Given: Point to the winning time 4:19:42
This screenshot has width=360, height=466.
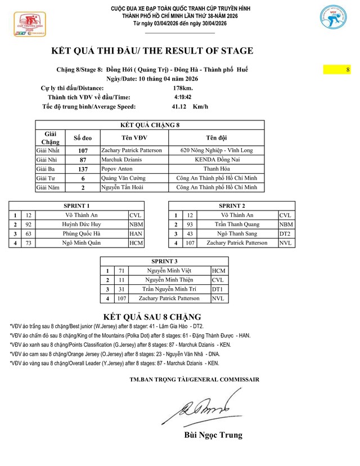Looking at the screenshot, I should coord(183,97).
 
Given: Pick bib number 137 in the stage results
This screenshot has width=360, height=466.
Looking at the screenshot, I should coord(83,168).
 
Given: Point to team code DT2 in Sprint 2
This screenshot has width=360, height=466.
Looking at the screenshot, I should coord(285,234).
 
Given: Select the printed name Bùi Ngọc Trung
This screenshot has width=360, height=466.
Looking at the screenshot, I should coord(213,435).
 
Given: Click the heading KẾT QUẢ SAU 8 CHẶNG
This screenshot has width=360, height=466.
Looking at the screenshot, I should coord(152,316).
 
